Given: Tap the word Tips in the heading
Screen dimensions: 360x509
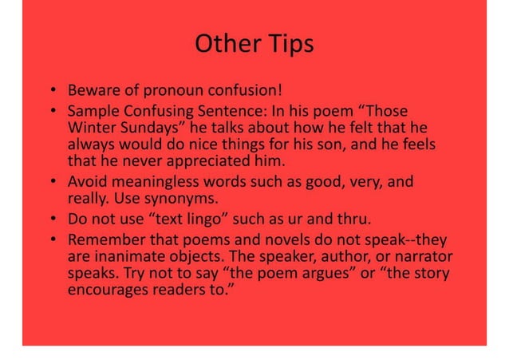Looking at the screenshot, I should (x=285, y=45).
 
